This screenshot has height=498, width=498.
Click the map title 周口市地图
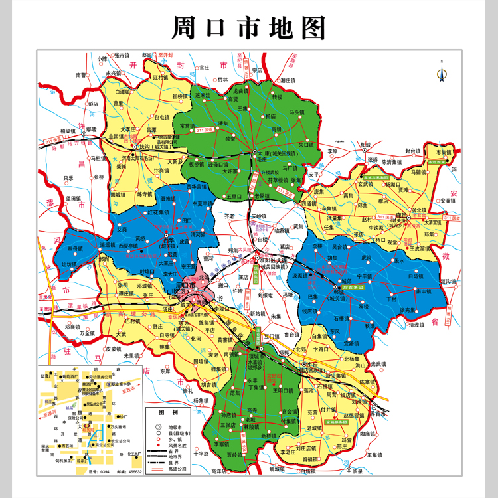[249, 29]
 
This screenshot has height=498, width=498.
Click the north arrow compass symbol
[440, 73]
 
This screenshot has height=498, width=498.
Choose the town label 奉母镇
[75, 249]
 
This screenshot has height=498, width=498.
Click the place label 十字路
[201, 454]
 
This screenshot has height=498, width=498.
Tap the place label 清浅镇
[418, 325]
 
